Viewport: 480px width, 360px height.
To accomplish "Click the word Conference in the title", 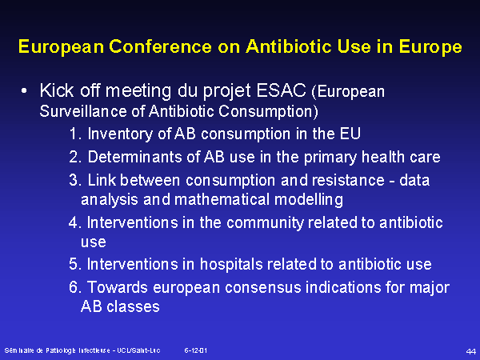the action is pyautogui.click(x=161, y=46).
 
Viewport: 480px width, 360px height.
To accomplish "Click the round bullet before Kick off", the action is pyautogui.click(x=24, y=91).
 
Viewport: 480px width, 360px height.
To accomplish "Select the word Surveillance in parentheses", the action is pyautogui.click(x=83, y=111).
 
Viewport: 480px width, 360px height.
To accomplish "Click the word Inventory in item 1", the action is pyautogui.click(x=121, y=134).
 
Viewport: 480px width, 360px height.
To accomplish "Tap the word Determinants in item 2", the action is pyautogui.click(x=137, y=157).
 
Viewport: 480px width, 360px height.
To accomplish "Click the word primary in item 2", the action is pyautogui.click(x=330, y=158).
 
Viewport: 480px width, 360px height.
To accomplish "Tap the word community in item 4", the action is pyautogui.click(x=265, y=222).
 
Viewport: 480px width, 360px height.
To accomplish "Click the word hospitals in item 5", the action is pyautogui.click(x=231, y=265).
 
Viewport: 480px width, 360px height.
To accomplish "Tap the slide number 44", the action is pyautogui.click(x=471, y=351).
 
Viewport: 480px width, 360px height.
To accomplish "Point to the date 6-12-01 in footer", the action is pyautogui.click(x=196, y=350).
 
